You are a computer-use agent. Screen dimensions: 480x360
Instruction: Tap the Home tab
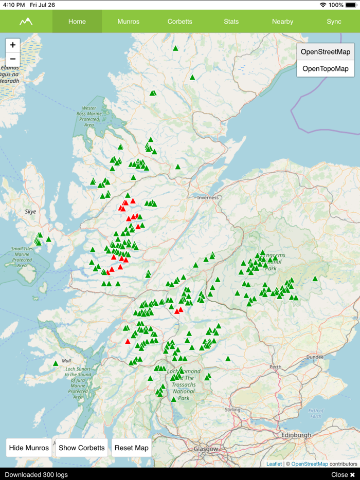click(x=77, y=22)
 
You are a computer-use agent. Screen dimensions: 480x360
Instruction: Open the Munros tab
click(x=128, y=22)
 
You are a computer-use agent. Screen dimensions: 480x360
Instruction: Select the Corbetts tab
click(x=179, y=22)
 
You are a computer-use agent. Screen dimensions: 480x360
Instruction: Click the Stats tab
click(x=231, y=22)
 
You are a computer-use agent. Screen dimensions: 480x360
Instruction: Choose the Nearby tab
click(x=282, y=22)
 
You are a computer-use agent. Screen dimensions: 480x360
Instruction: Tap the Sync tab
click(x=334, y=22)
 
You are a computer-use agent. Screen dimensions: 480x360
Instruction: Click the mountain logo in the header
click(x=26, y=22)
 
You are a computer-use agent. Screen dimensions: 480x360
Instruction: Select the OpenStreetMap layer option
click(x=326, y=52)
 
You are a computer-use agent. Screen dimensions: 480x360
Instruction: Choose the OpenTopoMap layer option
click(x=326, y=68)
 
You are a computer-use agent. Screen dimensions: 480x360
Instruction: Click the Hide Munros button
click(x=29, y=448)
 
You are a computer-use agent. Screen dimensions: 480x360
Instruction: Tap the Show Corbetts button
click(x=82, y=448)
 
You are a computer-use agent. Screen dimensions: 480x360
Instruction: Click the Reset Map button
click(x=132, y=448)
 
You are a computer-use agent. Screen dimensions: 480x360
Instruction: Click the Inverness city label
click(x=208, y=197)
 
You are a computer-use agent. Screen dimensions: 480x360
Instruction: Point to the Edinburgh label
click(x=296, y=435)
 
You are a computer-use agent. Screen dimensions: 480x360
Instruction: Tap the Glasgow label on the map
click(x=206, y=449)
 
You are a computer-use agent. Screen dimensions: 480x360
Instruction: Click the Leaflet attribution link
click(x=274, y=464)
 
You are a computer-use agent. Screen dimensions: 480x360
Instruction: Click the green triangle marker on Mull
click(x=56, y=363)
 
